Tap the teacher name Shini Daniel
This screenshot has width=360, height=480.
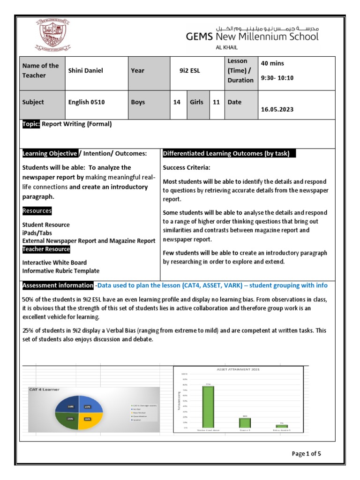pyautogui.click(x=86, y=71)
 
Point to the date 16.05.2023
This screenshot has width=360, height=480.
pyautogui.click(x=277, y=109)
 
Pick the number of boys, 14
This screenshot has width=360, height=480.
pyautogui.click(x=177, y=102)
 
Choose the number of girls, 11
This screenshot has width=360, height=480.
pyautogui.click(x=216, y=102)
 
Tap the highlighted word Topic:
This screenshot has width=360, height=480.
pyautogui.click(x=31, y=124)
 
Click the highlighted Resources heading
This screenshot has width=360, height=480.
pyautogui.click(x=37, y=211)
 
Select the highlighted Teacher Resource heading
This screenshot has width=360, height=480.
pyautogui.click(x=46, y=249)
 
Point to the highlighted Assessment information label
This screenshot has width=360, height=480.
pyautogui.click(x=58, y=285)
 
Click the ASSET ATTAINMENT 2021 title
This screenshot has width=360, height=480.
pyautogui.click(x=238, y=369)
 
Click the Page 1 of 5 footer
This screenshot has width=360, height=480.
pyautogui.click(x=307, y=453)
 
